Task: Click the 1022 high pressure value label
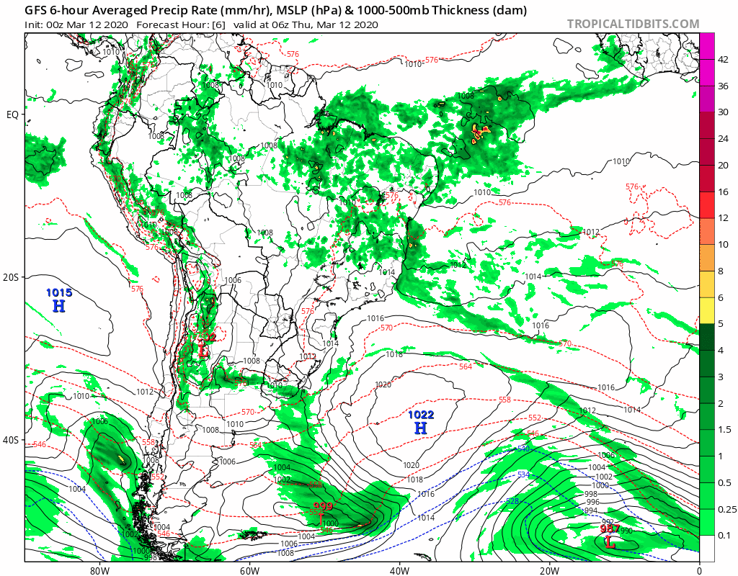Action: click(x=421, y=415)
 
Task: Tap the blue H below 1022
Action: click(x=421, y=428)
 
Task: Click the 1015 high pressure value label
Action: click(x=59, y=293)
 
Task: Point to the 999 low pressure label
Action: click(x=322, y=506)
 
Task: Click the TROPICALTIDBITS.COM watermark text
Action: click(x=633, y=24)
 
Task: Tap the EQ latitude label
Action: click(x=12, y=114)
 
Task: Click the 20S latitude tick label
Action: click(x=12, y=277)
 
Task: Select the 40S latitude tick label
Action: click(x=12, y=440)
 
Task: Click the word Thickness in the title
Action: click(x=469, y=10)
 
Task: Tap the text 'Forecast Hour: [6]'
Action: click(x=179, y=24)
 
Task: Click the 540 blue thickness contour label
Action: click(x=522, y=449)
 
